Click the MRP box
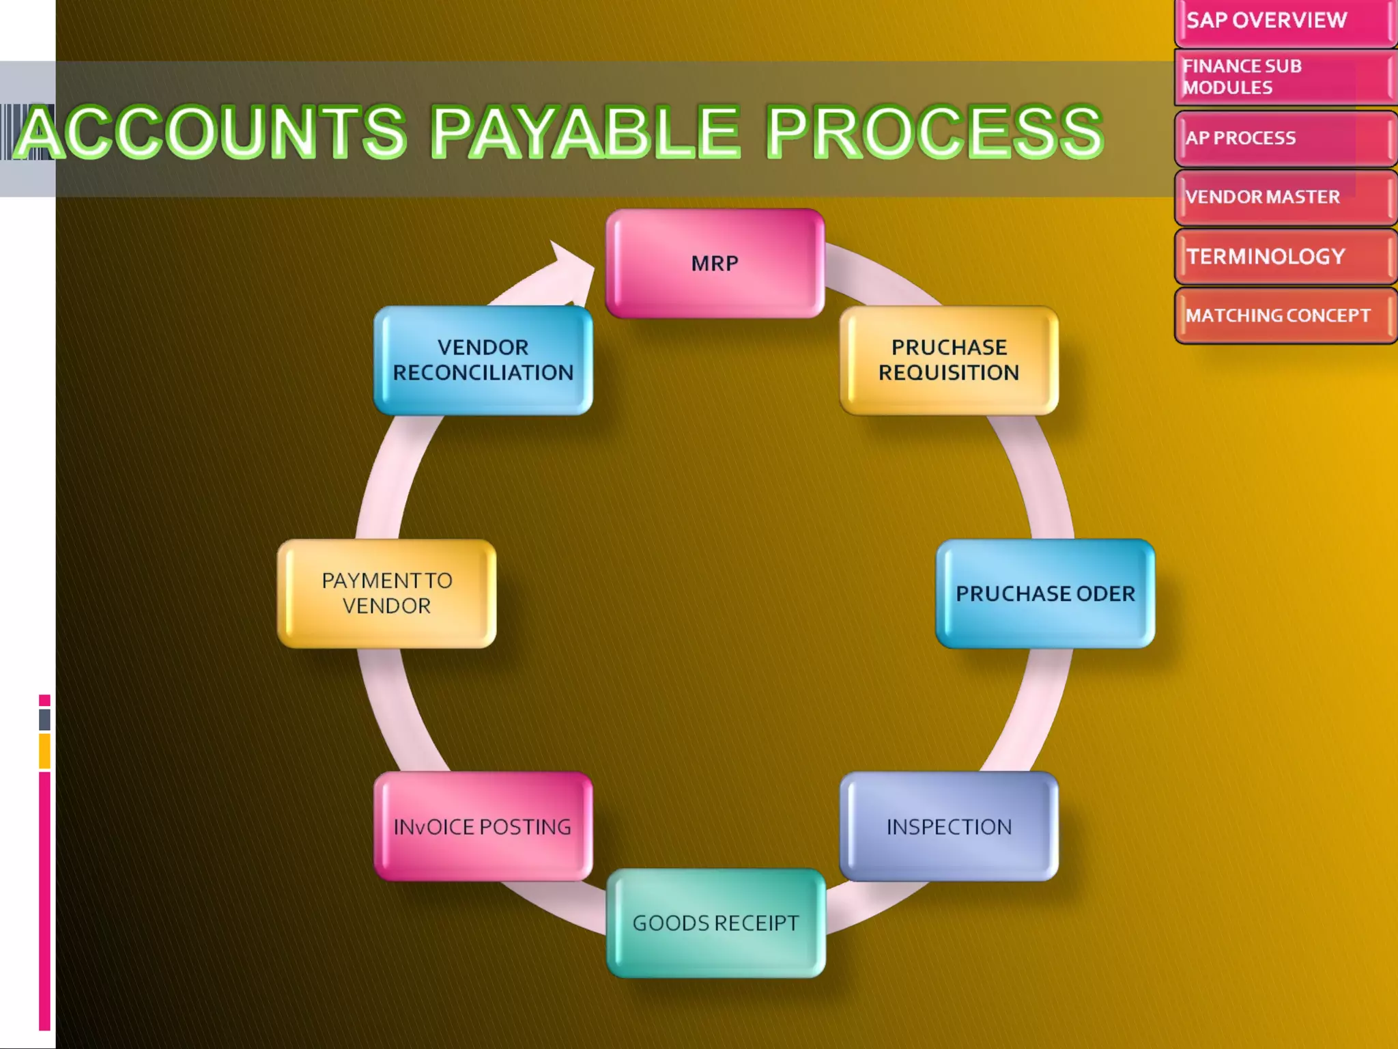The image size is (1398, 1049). (715, 263)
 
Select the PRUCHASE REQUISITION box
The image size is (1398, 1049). (949, 360)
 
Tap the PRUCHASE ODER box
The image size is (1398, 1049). (1045, 593)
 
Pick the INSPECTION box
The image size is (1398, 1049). (949, 826)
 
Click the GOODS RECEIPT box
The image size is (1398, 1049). (715, 923)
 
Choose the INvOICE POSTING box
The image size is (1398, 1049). (483, 826)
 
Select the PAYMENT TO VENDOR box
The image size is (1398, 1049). (386, 593)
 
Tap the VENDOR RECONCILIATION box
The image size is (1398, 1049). (483, 360)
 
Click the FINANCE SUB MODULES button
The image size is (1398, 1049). (1283, 77)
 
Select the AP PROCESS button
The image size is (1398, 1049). (1283, 139)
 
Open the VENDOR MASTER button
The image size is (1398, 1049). (1283, 197)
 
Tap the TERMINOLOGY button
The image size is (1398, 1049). (1283, 257)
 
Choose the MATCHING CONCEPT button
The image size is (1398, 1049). (1283, 316)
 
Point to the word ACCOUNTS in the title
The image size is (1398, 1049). (212, 131)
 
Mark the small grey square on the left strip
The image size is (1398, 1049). (44, 719)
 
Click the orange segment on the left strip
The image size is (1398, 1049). (44, 751)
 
